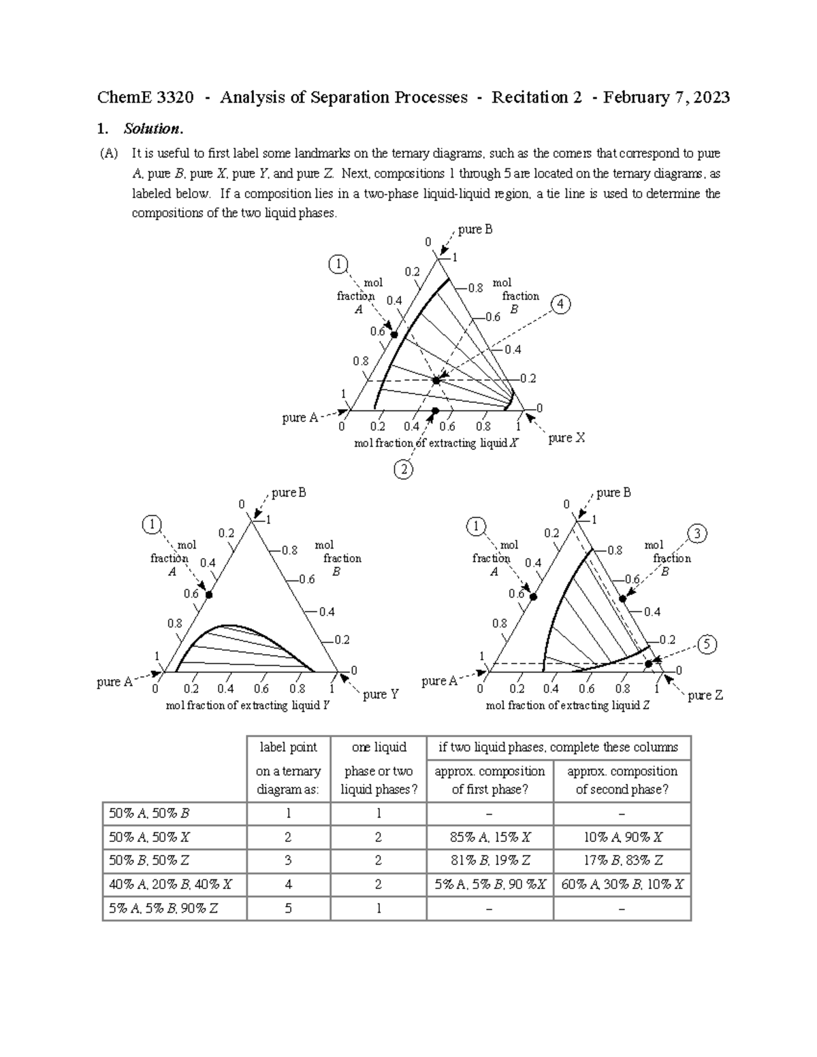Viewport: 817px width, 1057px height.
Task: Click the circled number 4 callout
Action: click(560, 304)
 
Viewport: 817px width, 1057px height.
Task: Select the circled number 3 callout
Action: click(697, 534)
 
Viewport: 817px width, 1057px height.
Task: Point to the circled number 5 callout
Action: click(707, 644)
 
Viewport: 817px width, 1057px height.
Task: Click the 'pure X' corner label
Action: click(566, 438)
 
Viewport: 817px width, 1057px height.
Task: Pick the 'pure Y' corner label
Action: click(381, 694)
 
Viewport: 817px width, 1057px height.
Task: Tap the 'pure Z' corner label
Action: click(705, 695)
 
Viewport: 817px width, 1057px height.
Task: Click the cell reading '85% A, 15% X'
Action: click(490, 837)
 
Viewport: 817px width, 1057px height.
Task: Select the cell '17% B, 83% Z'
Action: click(622, 860)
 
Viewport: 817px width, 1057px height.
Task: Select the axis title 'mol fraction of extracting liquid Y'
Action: click(247, 706)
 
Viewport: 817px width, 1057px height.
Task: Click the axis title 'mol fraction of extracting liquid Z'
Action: click(568, 706)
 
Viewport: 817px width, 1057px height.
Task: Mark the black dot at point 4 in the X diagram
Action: click(436, 380)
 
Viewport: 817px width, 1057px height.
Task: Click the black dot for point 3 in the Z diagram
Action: click(622, 598)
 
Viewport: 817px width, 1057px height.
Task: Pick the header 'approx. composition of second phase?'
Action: click(622, 780)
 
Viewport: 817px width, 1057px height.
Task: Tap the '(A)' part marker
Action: click(108, 154)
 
